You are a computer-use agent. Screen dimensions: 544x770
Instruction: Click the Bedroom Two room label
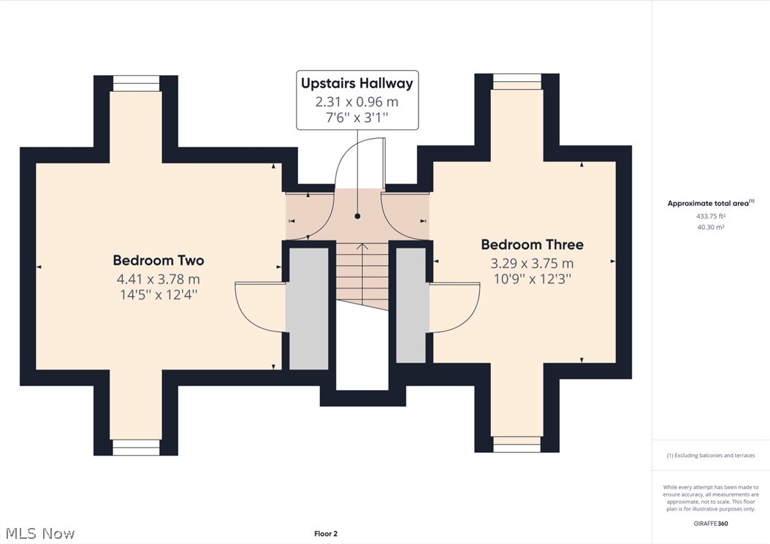click(x=158, y=260)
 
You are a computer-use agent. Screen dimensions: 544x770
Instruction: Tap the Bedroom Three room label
click(x=532, y=245)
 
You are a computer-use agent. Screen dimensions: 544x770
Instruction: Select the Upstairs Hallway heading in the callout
click(x=357, y=83)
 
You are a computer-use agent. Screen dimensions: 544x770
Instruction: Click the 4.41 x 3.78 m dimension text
click(x=158, y=279)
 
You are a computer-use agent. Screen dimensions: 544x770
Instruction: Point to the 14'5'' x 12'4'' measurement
click(x=158, y=294)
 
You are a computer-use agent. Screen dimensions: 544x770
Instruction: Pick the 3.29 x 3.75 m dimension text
click(x=532, y=264)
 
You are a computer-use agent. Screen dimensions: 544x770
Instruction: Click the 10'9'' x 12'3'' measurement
click(x=532, y=279)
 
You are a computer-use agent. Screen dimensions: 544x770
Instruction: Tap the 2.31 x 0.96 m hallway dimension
click(x=357, y=101)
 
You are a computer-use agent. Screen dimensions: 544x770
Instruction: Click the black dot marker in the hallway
click(x=357, y=216)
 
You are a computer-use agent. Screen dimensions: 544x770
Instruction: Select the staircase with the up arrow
click(x=361, y=274)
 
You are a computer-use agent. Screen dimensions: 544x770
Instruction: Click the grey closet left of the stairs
click(x=309, y=308)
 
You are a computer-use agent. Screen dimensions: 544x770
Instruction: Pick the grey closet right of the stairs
click(x=412, y=304)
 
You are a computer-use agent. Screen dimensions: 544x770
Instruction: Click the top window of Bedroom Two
click(x=136, y=83)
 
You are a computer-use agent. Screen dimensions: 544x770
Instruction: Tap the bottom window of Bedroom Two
click(x=136, y=447)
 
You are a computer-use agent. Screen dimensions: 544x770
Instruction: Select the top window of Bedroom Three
click(x=516, y=81)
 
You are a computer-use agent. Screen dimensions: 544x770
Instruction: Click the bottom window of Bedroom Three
click(x=516, y=445)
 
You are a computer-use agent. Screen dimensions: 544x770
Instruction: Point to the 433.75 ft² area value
click(x=710, y=216)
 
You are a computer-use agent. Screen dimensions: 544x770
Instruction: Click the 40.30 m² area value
click(x=710, y=227)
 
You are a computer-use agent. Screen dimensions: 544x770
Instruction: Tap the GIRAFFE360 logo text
click(x=710, y=524)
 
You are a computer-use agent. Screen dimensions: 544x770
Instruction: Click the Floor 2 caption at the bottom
click(x=326, y=534)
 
